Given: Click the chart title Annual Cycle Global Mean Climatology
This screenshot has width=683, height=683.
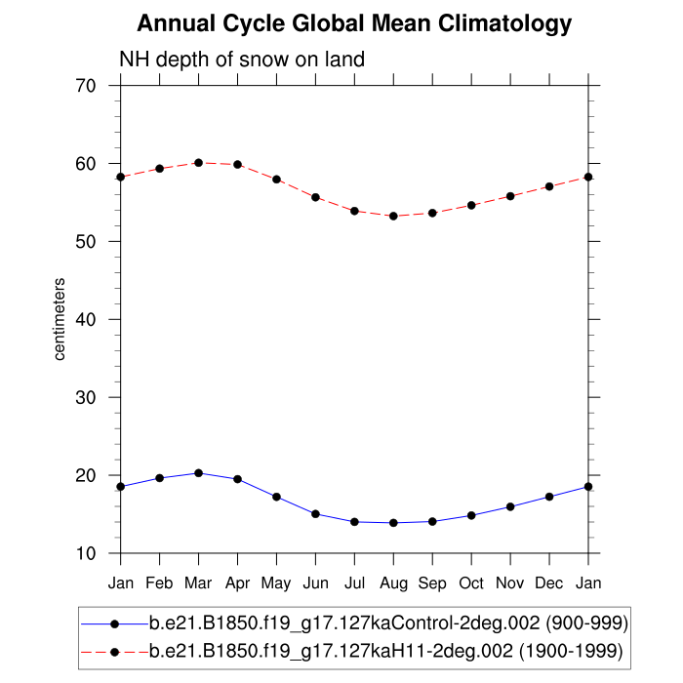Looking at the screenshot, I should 353,22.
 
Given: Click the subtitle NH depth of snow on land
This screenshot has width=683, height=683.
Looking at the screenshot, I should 241,60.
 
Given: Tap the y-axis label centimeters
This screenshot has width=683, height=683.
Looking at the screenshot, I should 60,319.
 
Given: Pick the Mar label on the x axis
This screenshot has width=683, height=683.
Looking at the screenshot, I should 198,583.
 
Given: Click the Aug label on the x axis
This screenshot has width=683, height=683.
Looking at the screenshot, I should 393,583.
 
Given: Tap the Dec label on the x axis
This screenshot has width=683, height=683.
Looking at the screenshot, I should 549,583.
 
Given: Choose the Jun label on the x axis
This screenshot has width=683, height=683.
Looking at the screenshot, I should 315,583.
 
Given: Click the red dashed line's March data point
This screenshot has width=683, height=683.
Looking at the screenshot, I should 198,162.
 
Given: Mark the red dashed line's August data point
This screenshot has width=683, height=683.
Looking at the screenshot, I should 393,216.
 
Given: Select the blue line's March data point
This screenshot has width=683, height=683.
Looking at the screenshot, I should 198,473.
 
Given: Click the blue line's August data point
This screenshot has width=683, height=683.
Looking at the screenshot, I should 393,523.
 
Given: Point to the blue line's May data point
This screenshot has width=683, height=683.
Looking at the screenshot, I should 276,497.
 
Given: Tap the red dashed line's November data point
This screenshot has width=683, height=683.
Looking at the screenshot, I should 510,196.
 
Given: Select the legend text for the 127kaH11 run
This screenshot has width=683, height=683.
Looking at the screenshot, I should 385,649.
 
